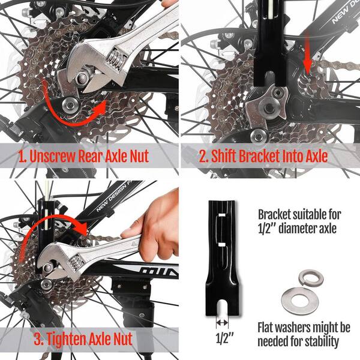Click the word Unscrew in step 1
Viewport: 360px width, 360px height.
point(53,157)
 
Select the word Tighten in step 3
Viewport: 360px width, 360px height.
point(66,339)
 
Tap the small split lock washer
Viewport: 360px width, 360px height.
point(311,278)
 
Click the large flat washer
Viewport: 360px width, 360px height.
point(298,301)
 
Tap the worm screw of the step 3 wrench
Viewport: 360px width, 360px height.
point(76,262)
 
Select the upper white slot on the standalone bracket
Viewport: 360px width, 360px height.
point(221,215)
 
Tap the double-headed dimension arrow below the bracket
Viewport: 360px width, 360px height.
point(222,323)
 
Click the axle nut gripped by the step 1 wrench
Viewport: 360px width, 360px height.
point(82,77)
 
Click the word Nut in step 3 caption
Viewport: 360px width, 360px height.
point(122,339)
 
